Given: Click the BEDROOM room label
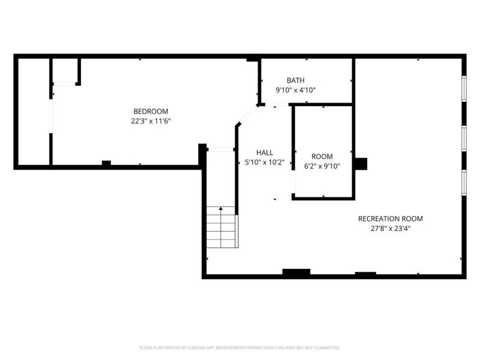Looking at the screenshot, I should point(151,111).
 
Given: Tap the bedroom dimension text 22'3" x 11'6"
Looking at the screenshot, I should point(151,121).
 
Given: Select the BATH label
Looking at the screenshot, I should point(295,80).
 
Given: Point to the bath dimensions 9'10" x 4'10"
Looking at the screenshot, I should point(295,90).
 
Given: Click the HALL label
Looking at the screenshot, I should point(264,152).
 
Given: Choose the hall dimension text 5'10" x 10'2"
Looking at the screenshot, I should point(264,162).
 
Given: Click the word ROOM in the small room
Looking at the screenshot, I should point(322,157).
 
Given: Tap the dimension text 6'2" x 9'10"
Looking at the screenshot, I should point(322,166).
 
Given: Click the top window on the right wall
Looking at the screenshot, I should point(463,88).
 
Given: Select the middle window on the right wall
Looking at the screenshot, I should point(463,137).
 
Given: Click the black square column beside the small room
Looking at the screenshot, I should point(361,164).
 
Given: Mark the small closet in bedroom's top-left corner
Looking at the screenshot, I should point(65,71).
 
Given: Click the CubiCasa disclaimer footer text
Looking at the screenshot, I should point(240,347).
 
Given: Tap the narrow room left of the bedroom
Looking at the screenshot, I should point(33,111).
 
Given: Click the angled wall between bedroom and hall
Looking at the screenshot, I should point(247,115).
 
